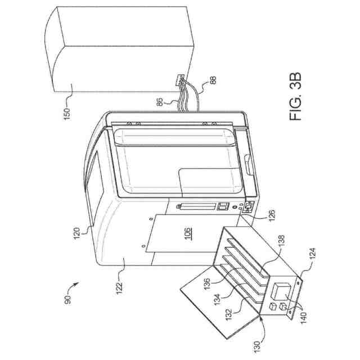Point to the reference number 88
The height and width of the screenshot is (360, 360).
pyautogui.click(x=211, y=80)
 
